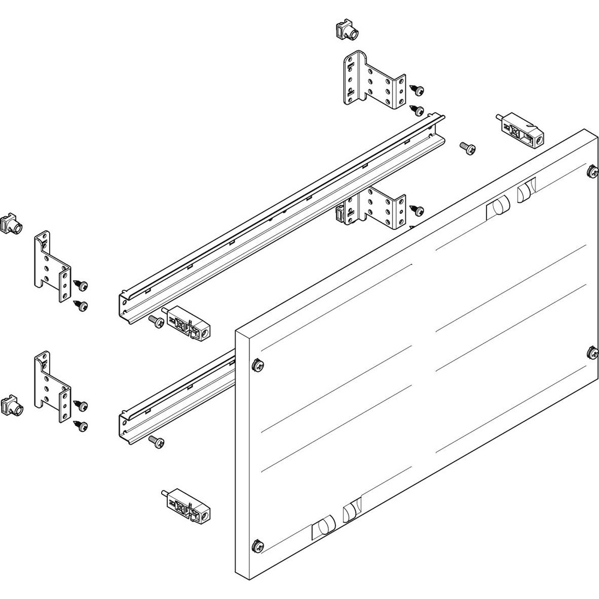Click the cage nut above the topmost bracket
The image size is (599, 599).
pos(343,31)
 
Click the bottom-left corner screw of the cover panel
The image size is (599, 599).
pos(258,544)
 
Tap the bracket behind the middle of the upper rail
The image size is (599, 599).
pos(374,210)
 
